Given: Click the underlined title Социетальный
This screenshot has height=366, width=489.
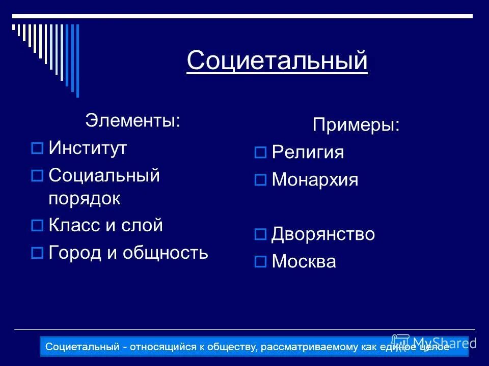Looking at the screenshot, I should tap(277, 61).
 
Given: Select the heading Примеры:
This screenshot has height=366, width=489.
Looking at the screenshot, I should tap(356, 125).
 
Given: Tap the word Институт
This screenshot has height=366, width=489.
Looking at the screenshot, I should tap(88, 148).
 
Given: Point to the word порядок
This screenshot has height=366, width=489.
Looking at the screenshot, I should tap(85, 198).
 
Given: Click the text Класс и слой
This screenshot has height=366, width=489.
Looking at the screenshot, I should tap(105, 225).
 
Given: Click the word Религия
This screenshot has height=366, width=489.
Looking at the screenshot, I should tap(308, 152).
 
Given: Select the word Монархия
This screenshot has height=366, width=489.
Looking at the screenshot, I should tap(315, 179).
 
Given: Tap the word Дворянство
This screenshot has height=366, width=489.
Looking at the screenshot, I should tap(323, 234).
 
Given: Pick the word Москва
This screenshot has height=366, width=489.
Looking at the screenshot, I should tap(304, 262).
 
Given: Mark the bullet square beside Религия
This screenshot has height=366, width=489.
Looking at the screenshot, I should tap(260, 152).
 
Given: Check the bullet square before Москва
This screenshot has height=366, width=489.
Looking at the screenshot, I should tap(260, 262).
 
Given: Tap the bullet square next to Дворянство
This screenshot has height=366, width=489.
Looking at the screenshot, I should tap(260, 235).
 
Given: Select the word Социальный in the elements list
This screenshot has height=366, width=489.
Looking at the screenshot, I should tap(104, 176).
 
